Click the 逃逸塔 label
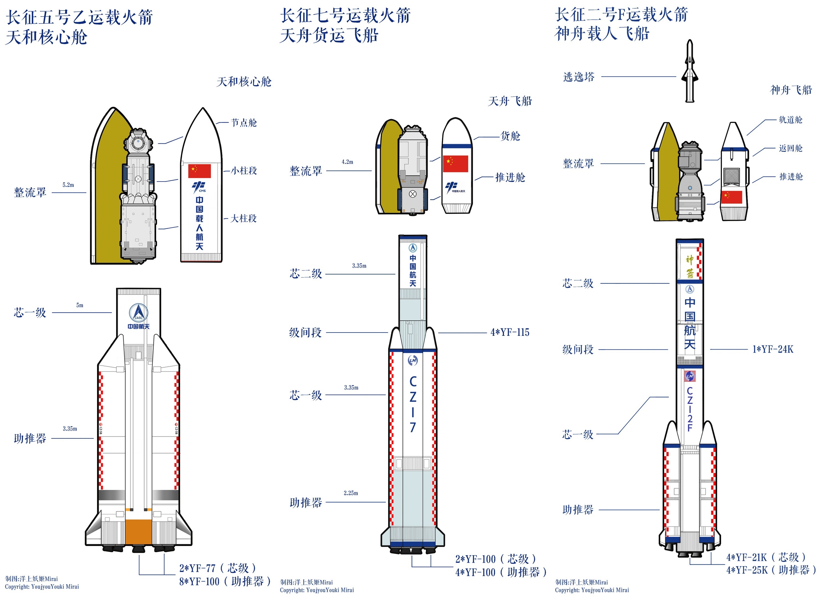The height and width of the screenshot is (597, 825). click(x=579, y=77)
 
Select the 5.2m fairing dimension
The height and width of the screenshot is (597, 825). click(x=68, y=185)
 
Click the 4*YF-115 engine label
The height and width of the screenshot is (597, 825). click(x=510, y=332)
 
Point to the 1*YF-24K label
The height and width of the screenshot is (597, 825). click(x=772, y=349)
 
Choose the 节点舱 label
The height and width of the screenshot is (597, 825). click(x=244, y=123)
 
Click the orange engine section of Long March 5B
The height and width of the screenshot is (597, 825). click(x=138, y=531)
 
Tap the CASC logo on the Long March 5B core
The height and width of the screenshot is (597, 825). click(x=138, y=312)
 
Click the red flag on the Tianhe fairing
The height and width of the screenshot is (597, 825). click(x=199, y=171)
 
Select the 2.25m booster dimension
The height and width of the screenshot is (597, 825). click(x=351, y=493)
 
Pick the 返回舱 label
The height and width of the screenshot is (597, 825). click(x=790, y=148)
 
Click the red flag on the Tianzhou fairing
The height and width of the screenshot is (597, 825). click(x=455, y=164)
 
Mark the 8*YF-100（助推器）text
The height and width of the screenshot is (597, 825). click(x=225, y=581)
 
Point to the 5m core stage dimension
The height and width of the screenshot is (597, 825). click(x=80, y=305)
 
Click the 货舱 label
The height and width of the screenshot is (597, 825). click(x=510, y=136)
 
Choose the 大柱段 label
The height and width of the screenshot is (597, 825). click(x=244, y=218)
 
